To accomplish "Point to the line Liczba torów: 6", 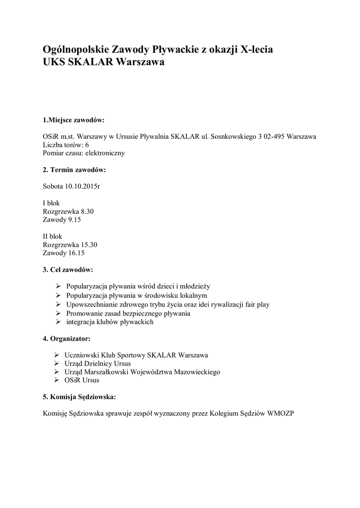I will pyautogui.click(x=66, y=145).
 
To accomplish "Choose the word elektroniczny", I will pyautogui.click(x=105, y=153).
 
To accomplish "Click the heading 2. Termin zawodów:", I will pyautogui.click(x=74, y=170).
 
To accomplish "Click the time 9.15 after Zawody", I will pyautogui.click(x=74, y=219).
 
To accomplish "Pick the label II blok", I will pyautogui.click(x=53, y=236).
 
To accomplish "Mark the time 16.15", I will pyautogui.click(x=76, y=253).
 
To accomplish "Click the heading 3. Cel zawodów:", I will pyautogui.click(x=68, y=270).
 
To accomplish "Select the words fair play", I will pyautogui.click(x=256, y=305).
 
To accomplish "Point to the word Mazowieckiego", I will pyautogui.click(x=196, y=372).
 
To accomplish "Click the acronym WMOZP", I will pyautogui.click(x=281, y=413).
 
